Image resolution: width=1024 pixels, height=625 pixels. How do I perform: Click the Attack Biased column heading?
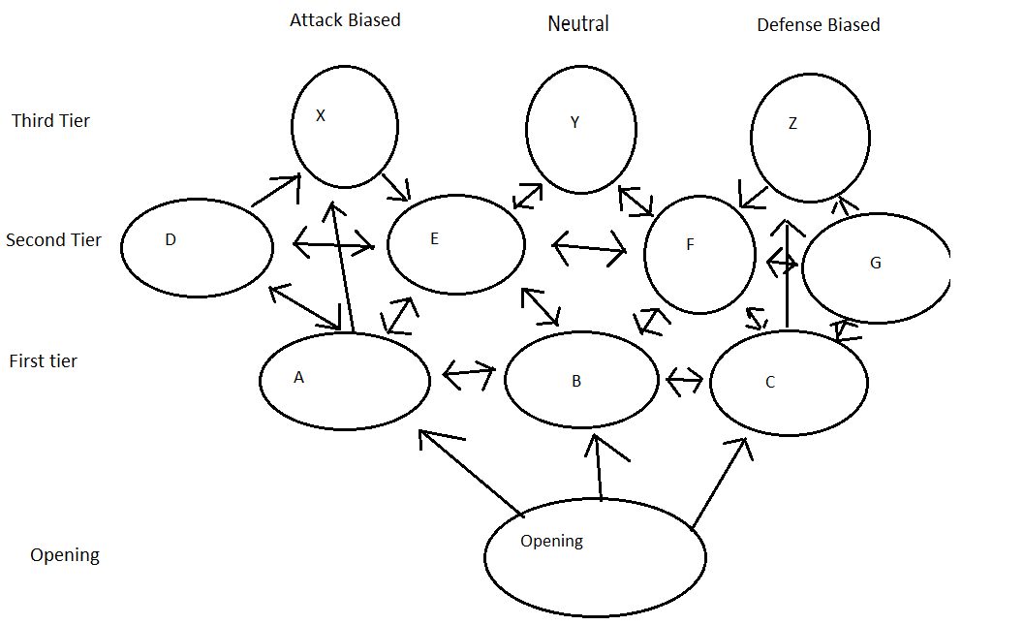345,19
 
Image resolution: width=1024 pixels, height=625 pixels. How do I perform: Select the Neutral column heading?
578,23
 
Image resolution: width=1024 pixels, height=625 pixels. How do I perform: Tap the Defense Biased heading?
819,25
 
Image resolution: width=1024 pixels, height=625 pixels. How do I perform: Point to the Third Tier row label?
50,121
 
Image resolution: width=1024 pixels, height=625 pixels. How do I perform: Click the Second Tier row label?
53,240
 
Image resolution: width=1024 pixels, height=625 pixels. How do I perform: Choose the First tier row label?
43,361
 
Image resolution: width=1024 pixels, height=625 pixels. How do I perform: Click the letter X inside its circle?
321,115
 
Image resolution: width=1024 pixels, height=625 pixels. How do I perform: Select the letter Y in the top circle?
574,122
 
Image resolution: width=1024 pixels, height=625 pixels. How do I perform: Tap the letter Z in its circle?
792,123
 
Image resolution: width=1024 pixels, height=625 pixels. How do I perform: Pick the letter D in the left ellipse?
171,240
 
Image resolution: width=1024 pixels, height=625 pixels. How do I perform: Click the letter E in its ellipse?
434,239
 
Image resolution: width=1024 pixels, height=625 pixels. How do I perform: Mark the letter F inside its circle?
690,245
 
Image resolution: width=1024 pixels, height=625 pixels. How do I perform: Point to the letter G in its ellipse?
876,263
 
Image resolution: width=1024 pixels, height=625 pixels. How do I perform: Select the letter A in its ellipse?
298,378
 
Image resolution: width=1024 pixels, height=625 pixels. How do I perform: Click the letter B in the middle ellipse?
576,382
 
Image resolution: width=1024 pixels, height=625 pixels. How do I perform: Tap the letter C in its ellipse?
770,383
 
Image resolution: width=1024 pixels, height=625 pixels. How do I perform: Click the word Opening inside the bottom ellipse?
551,541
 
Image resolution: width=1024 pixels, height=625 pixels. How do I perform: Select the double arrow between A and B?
469,373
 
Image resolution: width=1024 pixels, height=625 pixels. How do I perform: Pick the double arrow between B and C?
685,379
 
